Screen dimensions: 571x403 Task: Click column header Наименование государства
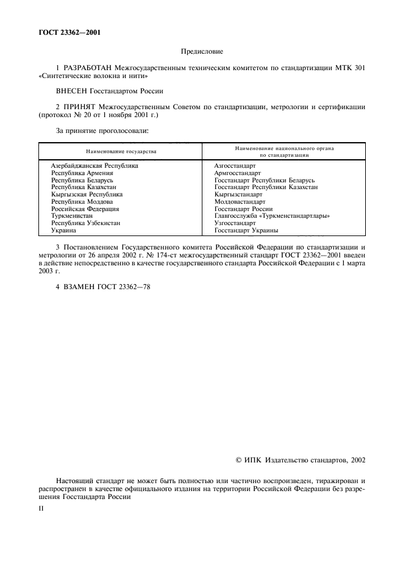121,151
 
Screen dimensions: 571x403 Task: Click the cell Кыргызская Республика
87,195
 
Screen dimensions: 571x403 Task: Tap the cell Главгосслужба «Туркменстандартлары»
272,216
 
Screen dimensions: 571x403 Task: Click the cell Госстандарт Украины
246,231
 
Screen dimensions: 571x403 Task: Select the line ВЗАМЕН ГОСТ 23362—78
102,287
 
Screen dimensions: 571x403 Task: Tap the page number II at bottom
41,507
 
